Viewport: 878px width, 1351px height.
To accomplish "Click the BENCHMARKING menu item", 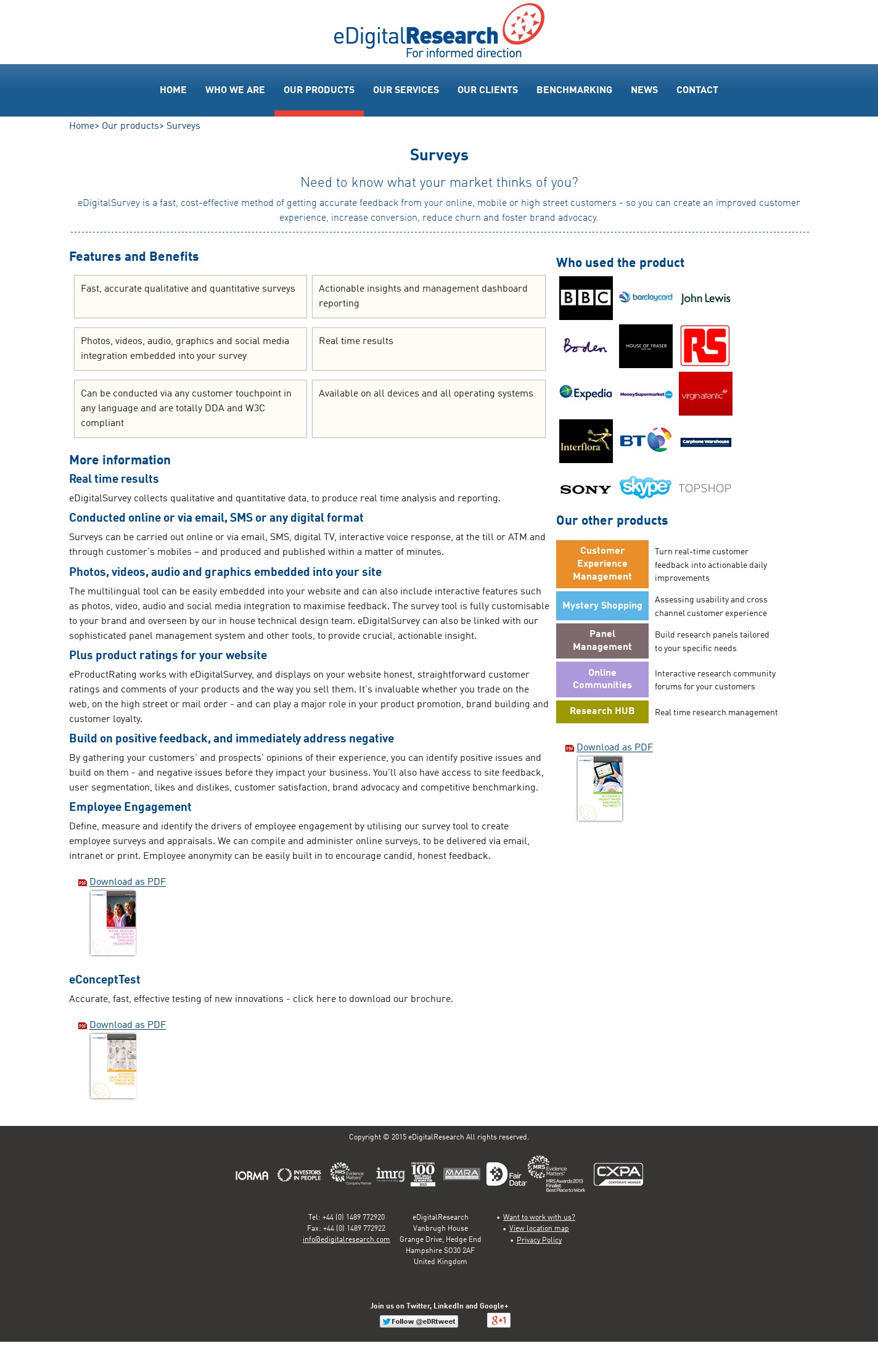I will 574,90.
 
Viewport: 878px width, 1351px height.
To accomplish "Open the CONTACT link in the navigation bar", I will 697,90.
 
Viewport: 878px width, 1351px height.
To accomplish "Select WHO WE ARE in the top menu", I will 235,90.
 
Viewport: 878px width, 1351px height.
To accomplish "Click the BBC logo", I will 586,298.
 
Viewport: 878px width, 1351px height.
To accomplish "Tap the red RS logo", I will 705,346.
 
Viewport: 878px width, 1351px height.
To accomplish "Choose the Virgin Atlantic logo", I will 705,393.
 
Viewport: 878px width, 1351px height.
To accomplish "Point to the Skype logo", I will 645,487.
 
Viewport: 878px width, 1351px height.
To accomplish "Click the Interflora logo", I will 586,441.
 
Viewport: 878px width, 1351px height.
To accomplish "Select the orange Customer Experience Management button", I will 602,564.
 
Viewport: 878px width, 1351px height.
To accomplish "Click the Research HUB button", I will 602,711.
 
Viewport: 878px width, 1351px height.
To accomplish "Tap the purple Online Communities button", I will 602,679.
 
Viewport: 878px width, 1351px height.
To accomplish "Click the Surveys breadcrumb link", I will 183,126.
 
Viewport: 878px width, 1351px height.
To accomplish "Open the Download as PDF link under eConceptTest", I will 128,1025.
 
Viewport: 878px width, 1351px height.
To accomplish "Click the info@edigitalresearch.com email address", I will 346,1239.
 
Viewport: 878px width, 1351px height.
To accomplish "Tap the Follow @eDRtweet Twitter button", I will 419,1321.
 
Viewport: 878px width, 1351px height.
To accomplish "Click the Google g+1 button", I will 498,1320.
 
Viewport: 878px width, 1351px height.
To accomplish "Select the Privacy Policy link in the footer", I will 539,1240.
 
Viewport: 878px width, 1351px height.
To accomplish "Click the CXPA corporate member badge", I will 618,1174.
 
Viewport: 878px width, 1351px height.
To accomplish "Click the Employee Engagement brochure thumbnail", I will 113,923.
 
